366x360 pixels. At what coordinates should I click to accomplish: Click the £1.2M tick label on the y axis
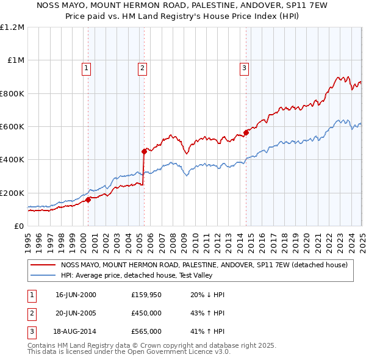12,27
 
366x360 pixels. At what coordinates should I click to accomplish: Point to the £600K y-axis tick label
12,126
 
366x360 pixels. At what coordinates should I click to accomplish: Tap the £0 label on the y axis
19,226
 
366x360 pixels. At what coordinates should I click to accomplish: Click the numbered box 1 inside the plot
86,68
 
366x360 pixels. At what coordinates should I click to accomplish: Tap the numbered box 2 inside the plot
142,68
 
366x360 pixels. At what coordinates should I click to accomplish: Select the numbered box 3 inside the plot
244,68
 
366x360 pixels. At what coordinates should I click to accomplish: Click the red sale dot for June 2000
88,199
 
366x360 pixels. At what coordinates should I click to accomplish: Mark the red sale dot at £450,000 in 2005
144,151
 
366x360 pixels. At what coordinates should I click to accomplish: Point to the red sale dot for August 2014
246,132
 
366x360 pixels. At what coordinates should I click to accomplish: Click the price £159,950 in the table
146,295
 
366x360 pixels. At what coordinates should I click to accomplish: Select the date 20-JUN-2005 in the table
76,313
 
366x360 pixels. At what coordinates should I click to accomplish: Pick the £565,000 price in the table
146,331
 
